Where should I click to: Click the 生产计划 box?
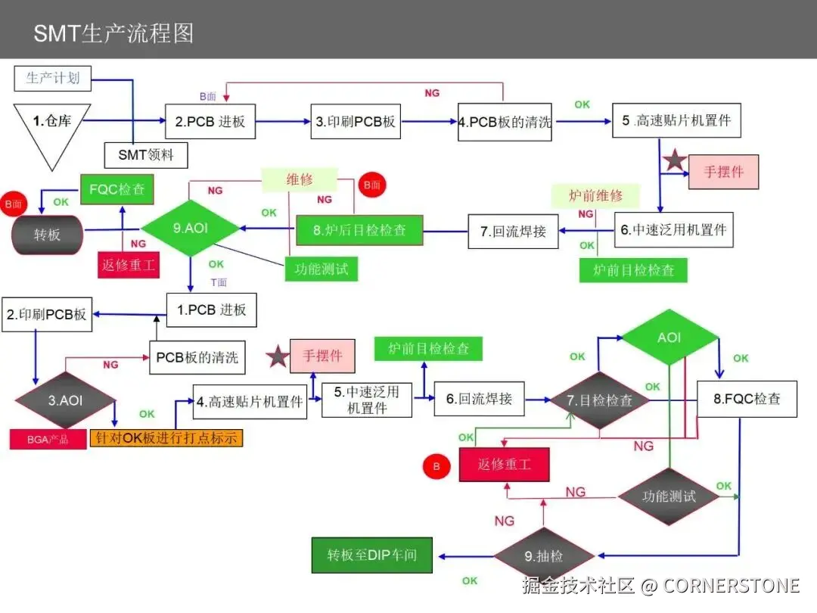(53, 78)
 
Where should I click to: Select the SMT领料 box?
(146, 155)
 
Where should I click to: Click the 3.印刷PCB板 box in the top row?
(356, 121)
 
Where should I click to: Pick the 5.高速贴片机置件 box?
(676, 120)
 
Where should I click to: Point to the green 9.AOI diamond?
(190, 228)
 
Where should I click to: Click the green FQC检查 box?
(117, 189)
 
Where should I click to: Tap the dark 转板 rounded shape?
(48, 235)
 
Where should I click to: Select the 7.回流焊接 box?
(513, 231)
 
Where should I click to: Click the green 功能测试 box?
(322, 269)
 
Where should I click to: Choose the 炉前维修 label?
(595, 195)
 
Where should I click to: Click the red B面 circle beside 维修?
(372, 185)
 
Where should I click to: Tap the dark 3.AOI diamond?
(66, 400)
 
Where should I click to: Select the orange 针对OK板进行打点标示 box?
(166, 437)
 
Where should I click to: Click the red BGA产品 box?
(48, 440)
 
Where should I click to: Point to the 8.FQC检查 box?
(747, 399)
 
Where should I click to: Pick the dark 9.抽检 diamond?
(544, 555)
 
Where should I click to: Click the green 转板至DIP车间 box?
(372, 555)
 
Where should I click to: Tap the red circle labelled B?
(436, 466)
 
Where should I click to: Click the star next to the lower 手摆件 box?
(278, 356)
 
